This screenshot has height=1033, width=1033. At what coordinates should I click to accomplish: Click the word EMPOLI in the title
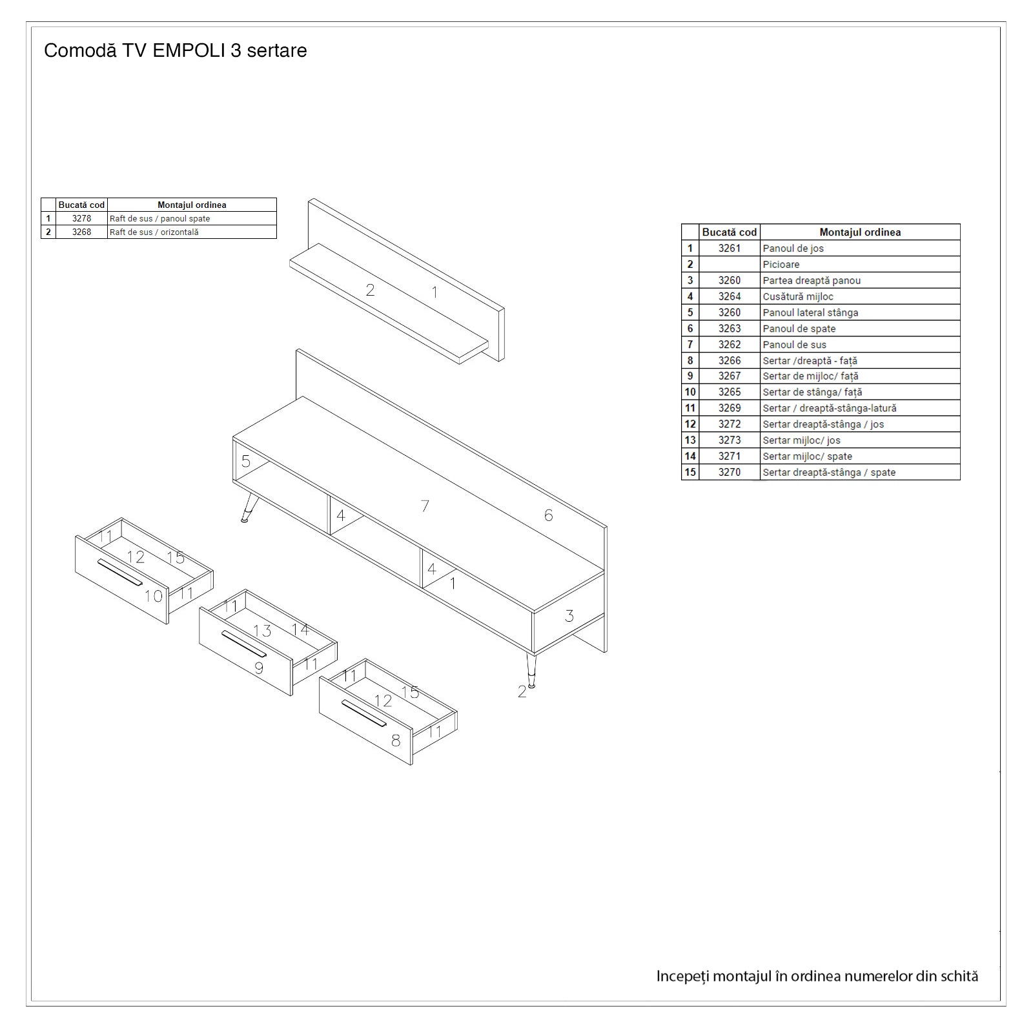[x=189, y=50]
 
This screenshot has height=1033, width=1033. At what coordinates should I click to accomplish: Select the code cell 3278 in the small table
[x=81, y=218]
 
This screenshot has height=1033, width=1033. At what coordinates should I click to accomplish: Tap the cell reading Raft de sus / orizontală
[x=192, y=232]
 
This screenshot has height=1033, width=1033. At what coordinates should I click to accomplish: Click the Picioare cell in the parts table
[x=860, y=264]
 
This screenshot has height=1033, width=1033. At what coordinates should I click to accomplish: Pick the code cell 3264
[x=730, y=296]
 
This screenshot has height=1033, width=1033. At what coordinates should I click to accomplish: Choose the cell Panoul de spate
[x=860, y=328]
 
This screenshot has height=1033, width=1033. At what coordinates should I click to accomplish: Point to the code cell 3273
[x=730, y=440]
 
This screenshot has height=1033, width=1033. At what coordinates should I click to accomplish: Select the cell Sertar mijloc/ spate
[x=860, y=456]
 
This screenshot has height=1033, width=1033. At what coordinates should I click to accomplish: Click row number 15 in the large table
[x=690, y=472]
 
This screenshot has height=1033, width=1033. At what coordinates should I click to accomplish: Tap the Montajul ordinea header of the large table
[x=860, y=232]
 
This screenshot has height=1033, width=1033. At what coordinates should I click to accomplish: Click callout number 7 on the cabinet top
[x=425, y=506]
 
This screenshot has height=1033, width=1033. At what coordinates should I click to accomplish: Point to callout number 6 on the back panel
[x=548, y=515]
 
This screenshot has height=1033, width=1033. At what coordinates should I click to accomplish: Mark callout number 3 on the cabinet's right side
[x=569, y=616]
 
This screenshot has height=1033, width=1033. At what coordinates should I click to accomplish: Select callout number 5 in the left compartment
[x=246, y=461]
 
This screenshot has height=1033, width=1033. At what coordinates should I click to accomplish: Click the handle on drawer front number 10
[x=120, y=573]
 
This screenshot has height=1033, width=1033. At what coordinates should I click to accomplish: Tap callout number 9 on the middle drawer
[x=259, y=668]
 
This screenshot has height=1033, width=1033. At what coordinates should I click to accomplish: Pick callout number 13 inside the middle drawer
[x=262, y=631]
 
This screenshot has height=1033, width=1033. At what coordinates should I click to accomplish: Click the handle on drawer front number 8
[x=364, y=713]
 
